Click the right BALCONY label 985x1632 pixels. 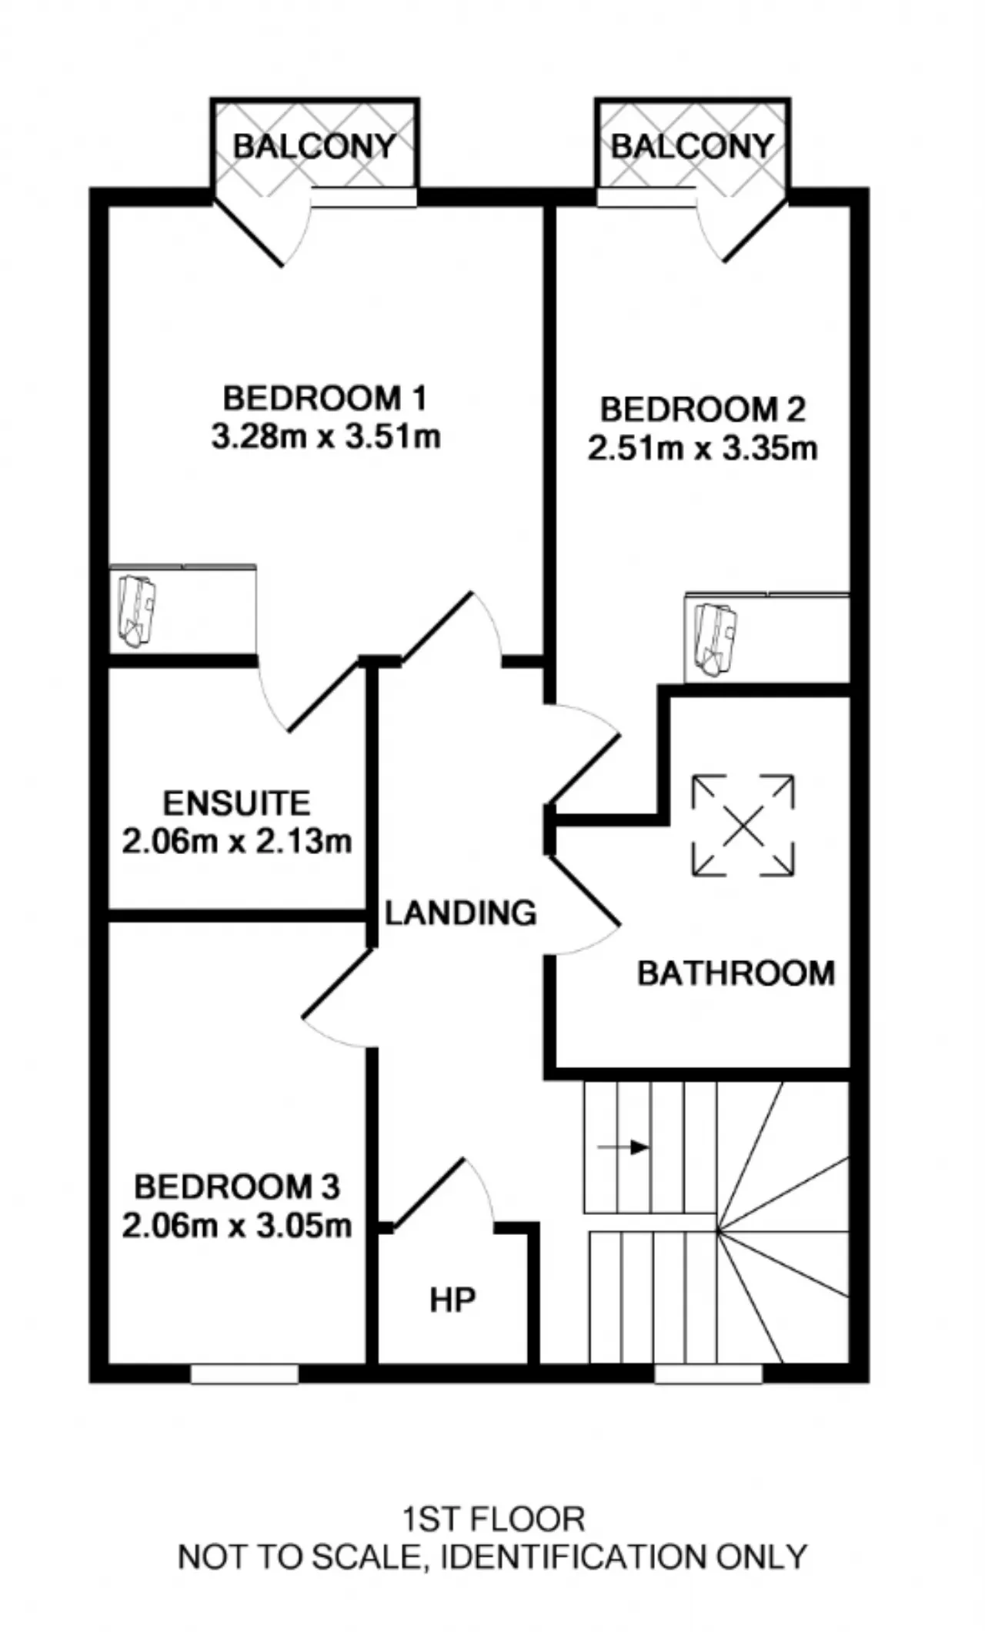[692, 145]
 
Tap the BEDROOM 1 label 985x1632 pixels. [325, 399]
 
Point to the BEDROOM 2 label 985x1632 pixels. [703, 409]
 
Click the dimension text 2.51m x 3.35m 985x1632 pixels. [703, 448]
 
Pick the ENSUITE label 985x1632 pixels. [237, 803]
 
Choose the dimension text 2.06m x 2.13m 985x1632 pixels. [237, 841]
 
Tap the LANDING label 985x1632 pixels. [461, 913]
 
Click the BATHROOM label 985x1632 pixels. [736, 974]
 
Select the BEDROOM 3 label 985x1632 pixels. [237, 1186]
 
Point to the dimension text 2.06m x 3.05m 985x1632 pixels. [237, 1225]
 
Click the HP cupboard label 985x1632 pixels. [452, 1300]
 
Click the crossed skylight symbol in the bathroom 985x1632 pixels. [743, 826]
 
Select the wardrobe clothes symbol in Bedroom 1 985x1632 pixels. [136, 612]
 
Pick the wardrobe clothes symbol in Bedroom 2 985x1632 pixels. [715, 640]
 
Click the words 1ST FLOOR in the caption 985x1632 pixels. [493, 1520]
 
